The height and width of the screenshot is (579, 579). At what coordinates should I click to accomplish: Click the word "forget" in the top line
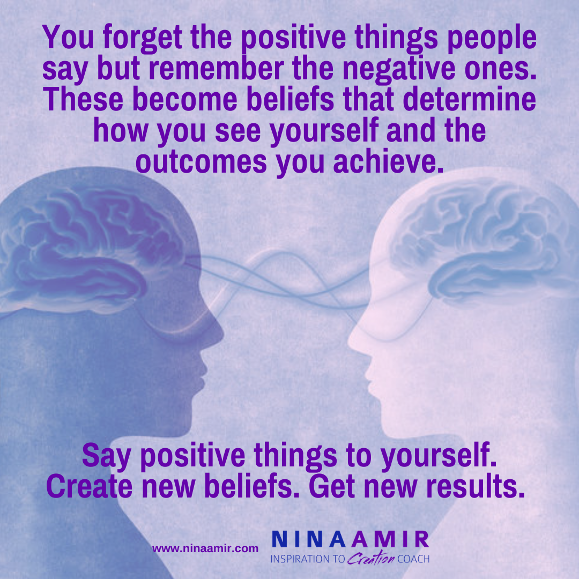point(142,38)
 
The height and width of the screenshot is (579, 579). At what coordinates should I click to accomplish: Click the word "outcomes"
point(201,162)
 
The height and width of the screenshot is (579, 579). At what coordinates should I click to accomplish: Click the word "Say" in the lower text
point(106,457)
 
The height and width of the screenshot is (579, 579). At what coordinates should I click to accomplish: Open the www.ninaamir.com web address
point(205,549)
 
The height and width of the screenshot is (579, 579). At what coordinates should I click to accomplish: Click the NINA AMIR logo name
point(351,539)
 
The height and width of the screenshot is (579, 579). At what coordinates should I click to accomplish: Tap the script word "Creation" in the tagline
point(371,558)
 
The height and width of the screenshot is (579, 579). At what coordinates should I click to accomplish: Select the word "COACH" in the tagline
point(413,559)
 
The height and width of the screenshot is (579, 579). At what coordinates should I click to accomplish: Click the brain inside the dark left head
point(92,251)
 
